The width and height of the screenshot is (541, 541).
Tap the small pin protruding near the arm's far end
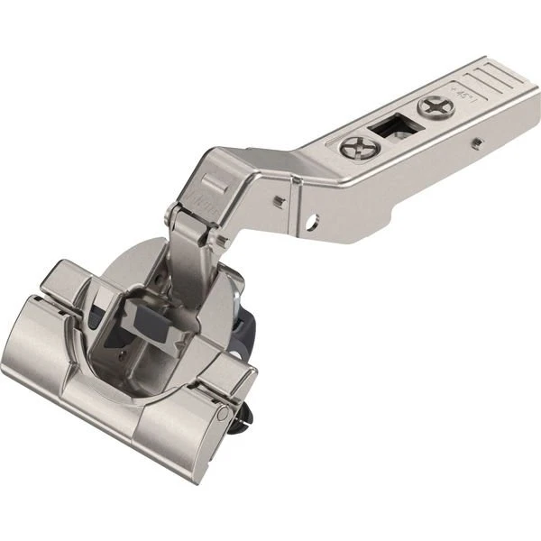click(x=473, y=142)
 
